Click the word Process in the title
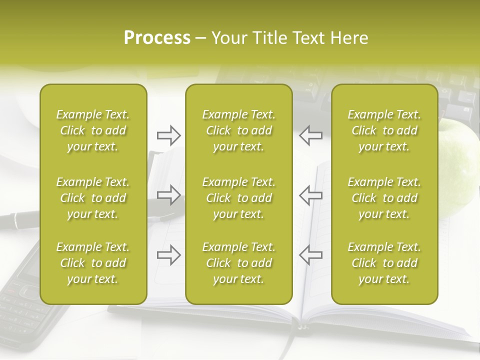pyautogui.click(x=157, y=38)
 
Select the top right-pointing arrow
pyautogui.click(x=168, y=135)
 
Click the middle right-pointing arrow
pyautogui.click(x=168, y=195)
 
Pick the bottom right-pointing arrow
pyautogui.click(x=168, y=255)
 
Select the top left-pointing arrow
pyautogui.click(x=311, y=135)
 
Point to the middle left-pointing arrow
pyautogui.click(x=311, y=195)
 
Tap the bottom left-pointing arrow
pyautogui.click(x=311, y=255)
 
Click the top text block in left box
pyautogui.click(x=93, y=130)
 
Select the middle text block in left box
pyautogui.click(x=93, y=198)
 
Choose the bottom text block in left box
pyautogui.click(x=93, y=263)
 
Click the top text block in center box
pyautogui.click(x=239, y=130)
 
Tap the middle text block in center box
pyautogui.click(x=239, y=198)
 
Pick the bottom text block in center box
pyautogui.click(x=239, y=263)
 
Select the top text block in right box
pyautogui.click(x=384, y=130)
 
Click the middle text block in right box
pyautogui.click(x=384, y=198)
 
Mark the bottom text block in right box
pyautogui.click(x=384, y=263)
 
